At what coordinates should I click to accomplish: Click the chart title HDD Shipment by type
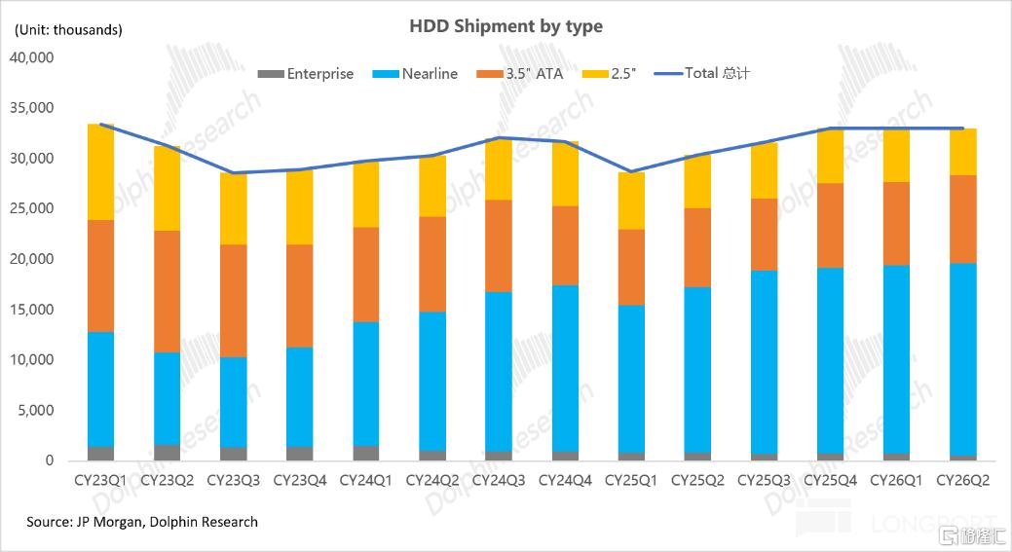(x=506, y=26)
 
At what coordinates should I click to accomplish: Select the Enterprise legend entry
(x=305, y=74)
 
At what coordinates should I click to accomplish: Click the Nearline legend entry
(x=415, y=74)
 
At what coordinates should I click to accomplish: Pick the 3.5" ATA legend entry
(x=519, y=74)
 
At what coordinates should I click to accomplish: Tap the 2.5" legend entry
(x=609, y=74)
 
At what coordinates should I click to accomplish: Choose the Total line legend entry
(x=701, y=73)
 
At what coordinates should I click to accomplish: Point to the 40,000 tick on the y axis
(x=31, y=57)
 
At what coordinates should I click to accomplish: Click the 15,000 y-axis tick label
(x=31, y=310)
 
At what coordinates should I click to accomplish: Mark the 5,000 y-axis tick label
(x=35, y=410)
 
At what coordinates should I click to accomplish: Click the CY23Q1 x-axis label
(x=100, y=480)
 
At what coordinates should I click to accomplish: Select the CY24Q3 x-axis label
(x=499, y=480)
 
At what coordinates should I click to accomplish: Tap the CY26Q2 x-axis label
(x=962, y=480)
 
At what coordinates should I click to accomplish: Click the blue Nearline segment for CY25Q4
(x=830, y=360)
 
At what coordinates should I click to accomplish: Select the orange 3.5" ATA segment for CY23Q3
(x=233, y=301)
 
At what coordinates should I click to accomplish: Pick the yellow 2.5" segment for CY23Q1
(x=100, y=172)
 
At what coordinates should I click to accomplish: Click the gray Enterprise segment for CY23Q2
(x=168, y=452)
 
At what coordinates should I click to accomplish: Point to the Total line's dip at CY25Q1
(x=631, y=171)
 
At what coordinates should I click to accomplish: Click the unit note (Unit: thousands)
(x=68, y=29)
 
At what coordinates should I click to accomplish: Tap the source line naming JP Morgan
(x=142, y=522)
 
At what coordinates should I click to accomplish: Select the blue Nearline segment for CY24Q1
(x=366, y=384)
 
